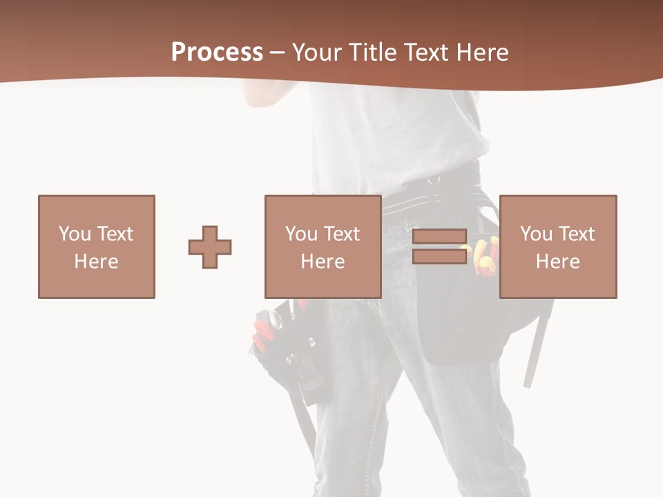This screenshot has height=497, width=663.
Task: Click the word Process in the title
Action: pyautogui.click(x=217, y=52)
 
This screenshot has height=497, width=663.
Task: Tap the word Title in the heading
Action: pyautogui.click(x=375, y=52)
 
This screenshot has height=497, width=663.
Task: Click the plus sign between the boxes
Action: pyautogui.click(x=210, y=247)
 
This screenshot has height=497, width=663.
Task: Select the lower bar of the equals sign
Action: pyautogui.click(x=439, y=257)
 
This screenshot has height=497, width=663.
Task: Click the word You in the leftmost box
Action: pyautogui.click(x=74, y=234)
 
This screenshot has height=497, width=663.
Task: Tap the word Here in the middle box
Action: pyautogui.click(x=323, y=262)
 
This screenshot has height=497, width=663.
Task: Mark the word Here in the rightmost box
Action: pyautogui.click(x=558, y=262)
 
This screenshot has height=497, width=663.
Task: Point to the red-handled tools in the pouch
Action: pyautogui.click(x=263, y=330)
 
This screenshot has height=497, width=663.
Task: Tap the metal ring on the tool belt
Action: pyautogui.click(x=434, y=179)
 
